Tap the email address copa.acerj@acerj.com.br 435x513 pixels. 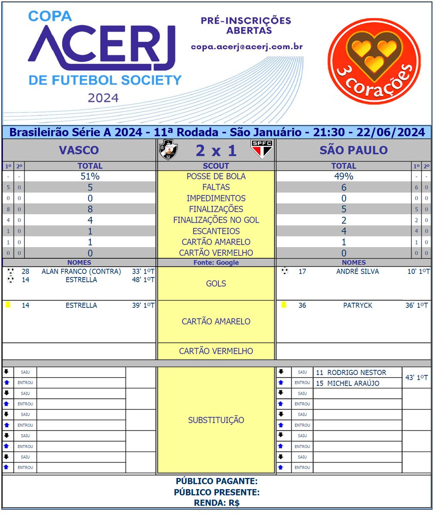click(247, 47)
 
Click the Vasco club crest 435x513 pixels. click(168, 150)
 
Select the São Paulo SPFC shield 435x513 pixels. click(261, 149)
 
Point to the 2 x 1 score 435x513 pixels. click(216, 150)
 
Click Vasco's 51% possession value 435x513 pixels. click(90, 177)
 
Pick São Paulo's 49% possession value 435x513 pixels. click(343, 177)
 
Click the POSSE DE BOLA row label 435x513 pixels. click(216, 177)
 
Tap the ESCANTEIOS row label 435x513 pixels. click(216, 231)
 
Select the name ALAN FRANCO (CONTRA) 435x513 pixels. click(81, 271)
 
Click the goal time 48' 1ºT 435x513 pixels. click(143, 280)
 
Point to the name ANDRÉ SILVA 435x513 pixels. click(357, 271)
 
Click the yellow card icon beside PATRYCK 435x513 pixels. click(284, 305)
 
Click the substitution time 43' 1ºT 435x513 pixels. click(417, 378)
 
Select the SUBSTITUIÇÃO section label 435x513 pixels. click(216, 420)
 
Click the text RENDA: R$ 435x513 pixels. click(217, 503)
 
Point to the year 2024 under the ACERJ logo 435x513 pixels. click(103, 98)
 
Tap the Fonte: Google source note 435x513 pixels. click(216, 262)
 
